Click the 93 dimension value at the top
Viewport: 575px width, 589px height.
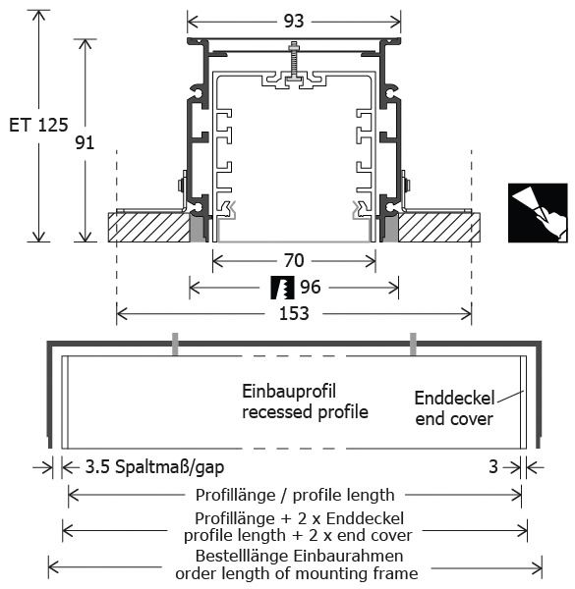pyautogui.click(x=294, y=21)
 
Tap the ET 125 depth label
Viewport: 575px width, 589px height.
pyautogui.click(x=38, y=125)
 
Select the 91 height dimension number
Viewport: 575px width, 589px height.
pyautogui.click(x=85, y=142)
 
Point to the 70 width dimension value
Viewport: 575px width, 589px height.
pyautogui.click(x=294, y=260)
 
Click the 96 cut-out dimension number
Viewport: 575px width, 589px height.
pyautogui.click(x=311, y=287)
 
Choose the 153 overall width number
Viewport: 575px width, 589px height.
pyautogui.click(x=294, y=313)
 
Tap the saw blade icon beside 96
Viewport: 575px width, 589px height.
pyautogui.click(x=282, y=288)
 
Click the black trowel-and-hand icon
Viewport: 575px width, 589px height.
pyautogui.click(x=538, y=213)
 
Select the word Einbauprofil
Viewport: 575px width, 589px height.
pyautogui.click(x=288, y=392)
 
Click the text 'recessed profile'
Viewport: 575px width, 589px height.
pyautogui.click(x=305, y=411)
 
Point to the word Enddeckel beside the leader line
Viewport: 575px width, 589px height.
pyautogui.click(x=454, y=399)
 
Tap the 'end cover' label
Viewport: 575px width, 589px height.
pyautogui.click(x=454, y=419)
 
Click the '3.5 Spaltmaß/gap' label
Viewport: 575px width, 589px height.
pyautogui.click(x=154, y=467)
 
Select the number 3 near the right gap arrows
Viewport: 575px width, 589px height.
pyautogui.click(x=493, y=467)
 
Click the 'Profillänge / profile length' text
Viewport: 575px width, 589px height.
pyautogui.click(x=295, y=495)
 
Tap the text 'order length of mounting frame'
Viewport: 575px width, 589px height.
pyautogui.click(x=296, y=573)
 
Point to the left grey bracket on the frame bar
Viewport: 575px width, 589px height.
pyautogui.click(x=175, y=344)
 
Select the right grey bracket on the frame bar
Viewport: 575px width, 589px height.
pyautogui.click(x=413, y=344)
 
